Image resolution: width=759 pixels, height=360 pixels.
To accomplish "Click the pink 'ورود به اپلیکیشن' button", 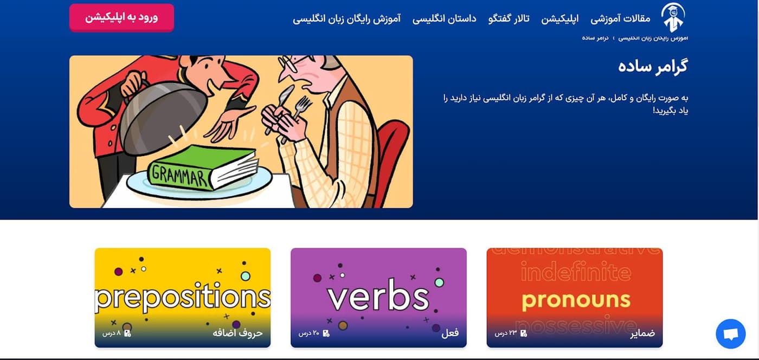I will [121, 17].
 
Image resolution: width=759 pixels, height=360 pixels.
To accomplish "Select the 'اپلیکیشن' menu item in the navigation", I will [560, 18].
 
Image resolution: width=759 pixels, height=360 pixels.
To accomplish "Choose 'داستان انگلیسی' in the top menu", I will [444, 18].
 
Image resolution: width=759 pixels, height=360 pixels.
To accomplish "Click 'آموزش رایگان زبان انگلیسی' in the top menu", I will [346, 18].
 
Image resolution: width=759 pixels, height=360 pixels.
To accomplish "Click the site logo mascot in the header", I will [673, 17].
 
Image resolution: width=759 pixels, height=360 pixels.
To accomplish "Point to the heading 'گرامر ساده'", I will [653, 66].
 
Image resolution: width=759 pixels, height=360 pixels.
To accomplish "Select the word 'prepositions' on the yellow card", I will [182, 298].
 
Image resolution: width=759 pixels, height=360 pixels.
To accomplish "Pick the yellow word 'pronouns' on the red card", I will [576, 300].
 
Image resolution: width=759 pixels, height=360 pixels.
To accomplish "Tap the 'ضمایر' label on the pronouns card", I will [642, 333].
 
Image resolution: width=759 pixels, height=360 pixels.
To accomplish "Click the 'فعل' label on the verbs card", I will [450, 333].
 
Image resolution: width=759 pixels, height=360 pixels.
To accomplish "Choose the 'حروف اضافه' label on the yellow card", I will [237, 333].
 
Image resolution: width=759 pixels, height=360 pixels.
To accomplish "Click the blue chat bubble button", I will [730, 334].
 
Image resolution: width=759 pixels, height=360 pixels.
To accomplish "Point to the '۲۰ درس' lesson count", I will [310, 333].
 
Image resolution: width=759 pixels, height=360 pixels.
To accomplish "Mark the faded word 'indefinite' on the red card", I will [576, 273].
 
